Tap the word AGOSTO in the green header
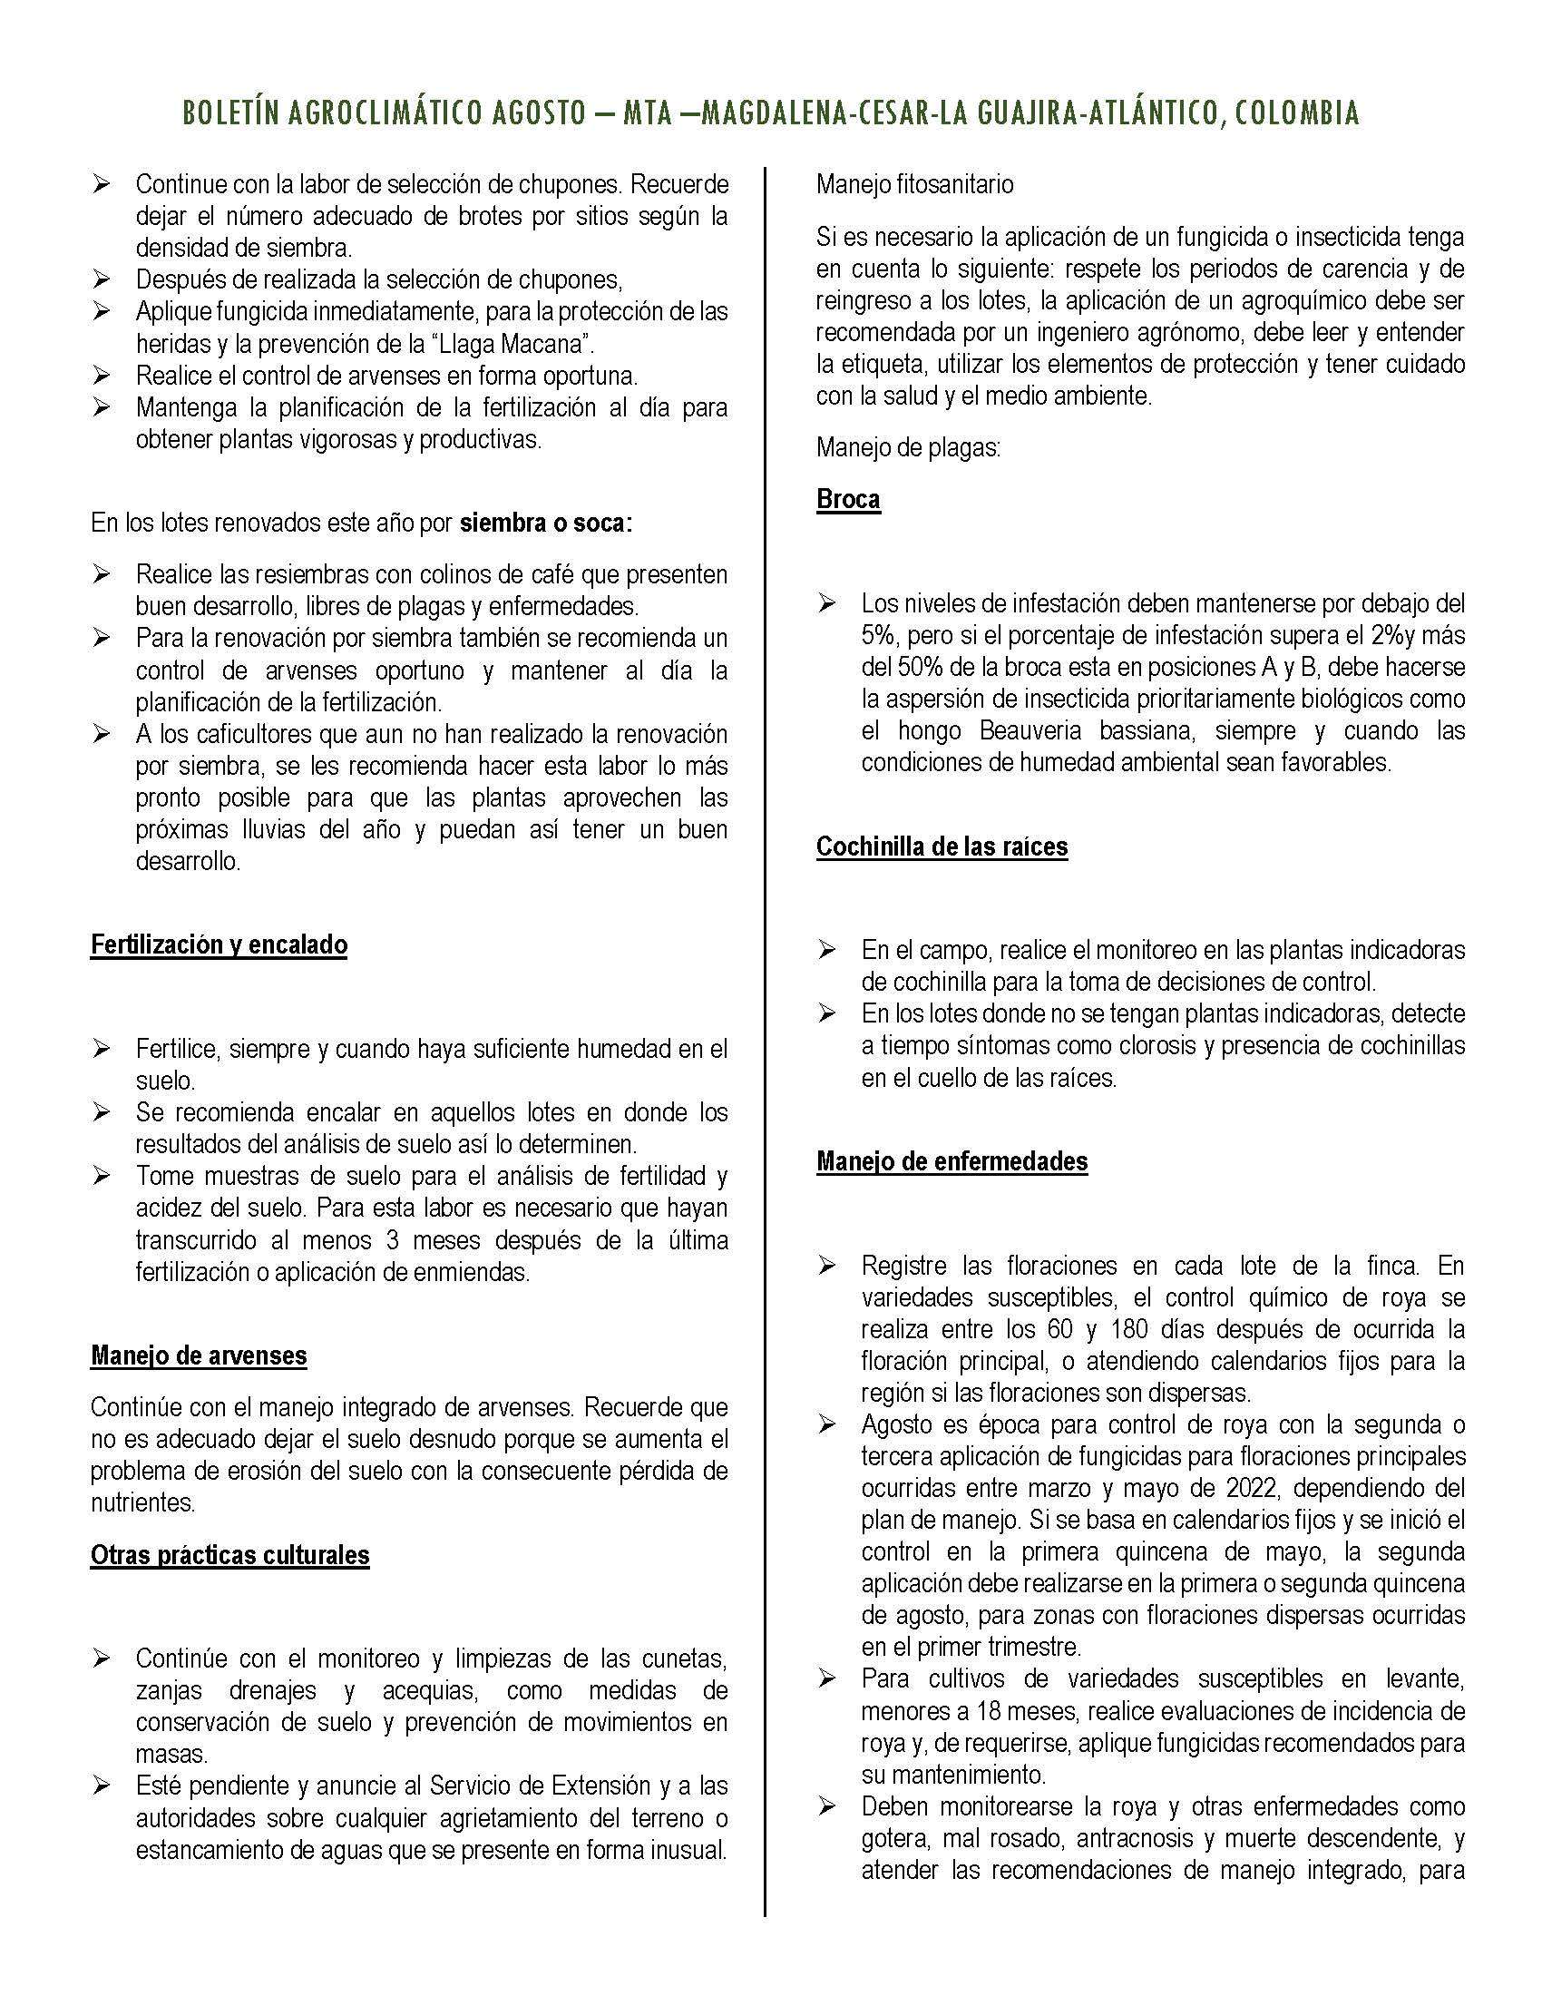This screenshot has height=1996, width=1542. (536, 113)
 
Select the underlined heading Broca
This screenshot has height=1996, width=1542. (848, 499)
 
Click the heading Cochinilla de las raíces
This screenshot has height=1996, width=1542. (941, 846)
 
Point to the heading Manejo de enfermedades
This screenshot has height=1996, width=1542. (952, 1161)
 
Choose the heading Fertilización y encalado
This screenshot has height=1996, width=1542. (219, 944)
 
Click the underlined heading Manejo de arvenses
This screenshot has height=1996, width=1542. (199, 1355)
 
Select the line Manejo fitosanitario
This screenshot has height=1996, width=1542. (914, 183)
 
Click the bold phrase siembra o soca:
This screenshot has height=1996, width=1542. (545, 523)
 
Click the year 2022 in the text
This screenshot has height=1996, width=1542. (1245, 1488)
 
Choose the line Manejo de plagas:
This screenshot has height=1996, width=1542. (907, 448)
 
